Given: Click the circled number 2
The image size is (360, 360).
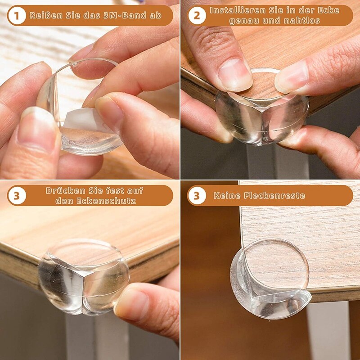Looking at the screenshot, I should tap(197, 16).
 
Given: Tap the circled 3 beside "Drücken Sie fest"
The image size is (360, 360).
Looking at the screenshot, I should tap(17, 196).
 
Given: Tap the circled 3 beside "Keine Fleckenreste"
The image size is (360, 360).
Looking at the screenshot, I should tap(197, 196).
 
